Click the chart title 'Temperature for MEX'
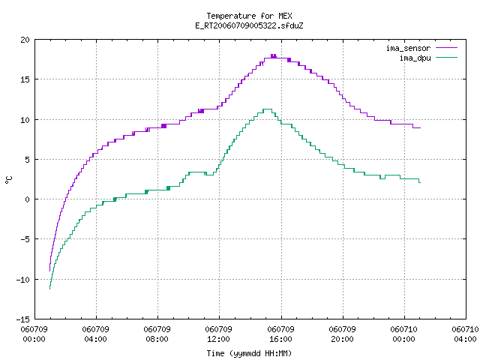[x=249, y=16]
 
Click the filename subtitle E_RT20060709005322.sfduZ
[x=249, y=25]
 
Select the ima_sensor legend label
[x=408, y=48]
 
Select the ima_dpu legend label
[x=415, y=58]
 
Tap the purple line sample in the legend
[x=447, y=48]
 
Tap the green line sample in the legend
[x=447, y=57]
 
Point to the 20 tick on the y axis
[x=25, y=40]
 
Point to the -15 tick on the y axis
[x=23, y=319]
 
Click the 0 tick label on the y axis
[x=27, y=199]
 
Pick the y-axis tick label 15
[x=25, y=79]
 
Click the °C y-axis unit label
[x=8, y=180]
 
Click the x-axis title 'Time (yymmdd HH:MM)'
[x=249, y=353]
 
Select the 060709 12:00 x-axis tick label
[x=218, y=334]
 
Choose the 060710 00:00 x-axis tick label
[x=403, y=334]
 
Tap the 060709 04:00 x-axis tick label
[x=95, y=334]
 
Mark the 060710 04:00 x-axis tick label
[x=465, y=334]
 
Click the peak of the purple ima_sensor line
[x=273, y=55]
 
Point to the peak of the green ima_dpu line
[x=268, y=109]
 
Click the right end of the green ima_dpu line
[x=420, y=182]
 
